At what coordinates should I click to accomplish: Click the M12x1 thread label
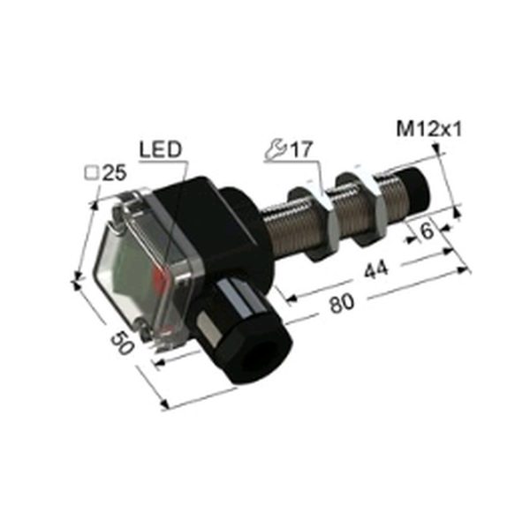click(429, 129)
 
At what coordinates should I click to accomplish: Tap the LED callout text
click(161, 150)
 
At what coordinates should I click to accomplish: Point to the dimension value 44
click(376, 269)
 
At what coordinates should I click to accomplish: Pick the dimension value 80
click(342, 303)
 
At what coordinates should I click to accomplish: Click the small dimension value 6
click(428, 231)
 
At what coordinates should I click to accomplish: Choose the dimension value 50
click(122, 342)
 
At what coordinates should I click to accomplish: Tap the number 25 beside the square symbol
click(114, 173)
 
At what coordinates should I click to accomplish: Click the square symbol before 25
click(91, 174)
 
